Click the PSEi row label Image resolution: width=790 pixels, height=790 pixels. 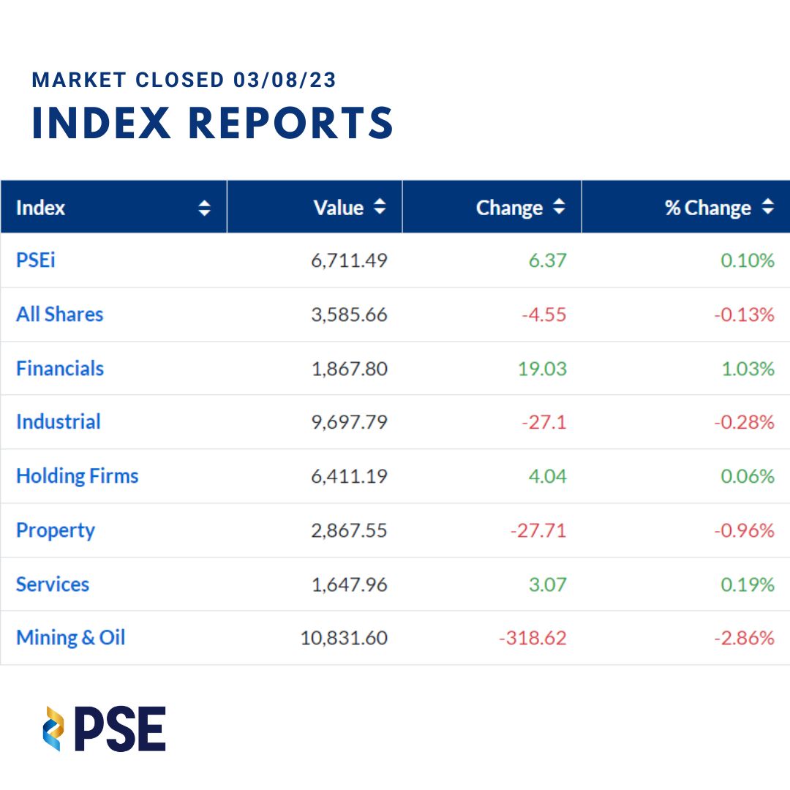35,260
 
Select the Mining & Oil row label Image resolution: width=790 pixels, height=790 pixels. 70,638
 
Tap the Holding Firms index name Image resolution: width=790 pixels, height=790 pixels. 77,476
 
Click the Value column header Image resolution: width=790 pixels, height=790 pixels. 338,208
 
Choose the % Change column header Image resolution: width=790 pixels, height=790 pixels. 707,208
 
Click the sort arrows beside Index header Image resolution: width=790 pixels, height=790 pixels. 205,208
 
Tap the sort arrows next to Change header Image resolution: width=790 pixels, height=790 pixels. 559,208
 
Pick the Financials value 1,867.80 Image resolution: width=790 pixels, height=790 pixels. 349,369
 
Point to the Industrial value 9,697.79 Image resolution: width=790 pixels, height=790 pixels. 349,423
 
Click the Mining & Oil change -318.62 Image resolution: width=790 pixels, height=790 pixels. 533,638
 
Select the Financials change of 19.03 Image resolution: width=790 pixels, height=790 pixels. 542,369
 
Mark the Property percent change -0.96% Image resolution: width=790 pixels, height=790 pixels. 744,530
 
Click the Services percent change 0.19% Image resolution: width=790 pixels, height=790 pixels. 748,584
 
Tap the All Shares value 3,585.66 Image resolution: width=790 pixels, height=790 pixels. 349,315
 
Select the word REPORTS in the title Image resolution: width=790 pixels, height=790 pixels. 290,123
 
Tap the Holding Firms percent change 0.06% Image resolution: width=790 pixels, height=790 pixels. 748,476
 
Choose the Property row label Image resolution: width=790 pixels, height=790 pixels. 56,530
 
